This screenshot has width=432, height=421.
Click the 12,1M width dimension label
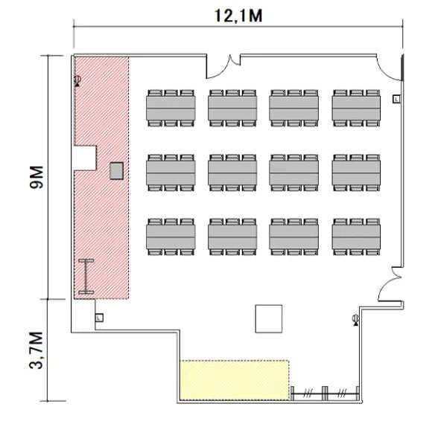[x=238, y=16]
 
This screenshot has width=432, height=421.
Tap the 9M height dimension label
[x=36, y=177]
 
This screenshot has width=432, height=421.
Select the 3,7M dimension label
[x=36, y=350]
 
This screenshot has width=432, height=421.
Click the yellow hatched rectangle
[x=235, y=380]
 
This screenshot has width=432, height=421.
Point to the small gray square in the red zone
[x=116, y=171]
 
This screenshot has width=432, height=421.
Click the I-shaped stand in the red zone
[x=86, y=276]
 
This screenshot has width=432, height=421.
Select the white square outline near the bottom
[x=269, y=318]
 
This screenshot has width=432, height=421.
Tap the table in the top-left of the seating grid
[x=171, y=108]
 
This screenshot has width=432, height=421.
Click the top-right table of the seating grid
[x=356, y=108]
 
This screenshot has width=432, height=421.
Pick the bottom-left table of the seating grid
[x=171, y=237]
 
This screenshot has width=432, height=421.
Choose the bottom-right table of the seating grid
[x=356, y=237]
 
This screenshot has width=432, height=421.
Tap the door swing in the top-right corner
[x=390, y=68]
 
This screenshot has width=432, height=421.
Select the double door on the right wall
[x=391, y=283]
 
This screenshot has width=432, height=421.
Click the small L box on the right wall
[x=396, y=99]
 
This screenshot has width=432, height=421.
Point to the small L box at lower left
[x=99, y=318]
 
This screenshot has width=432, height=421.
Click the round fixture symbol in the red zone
[x=77, y=81]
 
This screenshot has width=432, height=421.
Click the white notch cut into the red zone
[x=86, y=158]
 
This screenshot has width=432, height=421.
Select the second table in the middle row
[x=232, y=173]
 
